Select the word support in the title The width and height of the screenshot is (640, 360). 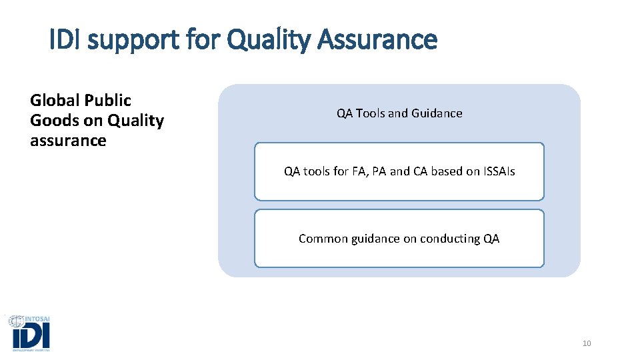[x=131, y=41]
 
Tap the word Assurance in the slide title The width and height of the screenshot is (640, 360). [x=378, y=40]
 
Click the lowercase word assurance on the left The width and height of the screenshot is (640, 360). [x=68, y=141]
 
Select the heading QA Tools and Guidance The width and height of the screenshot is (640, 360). [x=399, y=113]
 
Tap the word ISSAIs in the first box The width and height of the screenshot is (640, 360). [x=496, y=171]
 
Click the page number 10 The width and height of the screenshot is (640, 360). [x=587, y=343]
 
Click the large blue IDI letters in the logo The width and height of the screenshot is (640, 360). [x=31, y=336]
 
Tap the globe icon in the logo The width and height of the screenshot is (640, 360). [x=16, y=321]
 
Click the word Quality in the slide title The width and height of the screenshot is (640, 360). [x=269, y=41]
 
